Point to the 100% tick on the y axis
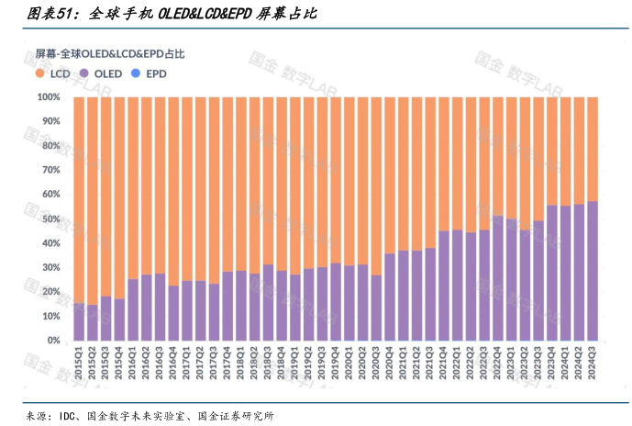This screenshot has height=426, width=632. [49, 96]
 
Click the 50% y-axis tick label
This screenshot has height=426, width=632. [50, 219]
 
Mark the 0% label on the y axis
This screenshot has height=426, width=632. [53, 341]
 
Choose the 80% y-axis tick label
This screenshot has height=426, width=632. [50, 145]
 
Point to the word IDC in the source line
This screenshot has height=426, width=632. [70, 416]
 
